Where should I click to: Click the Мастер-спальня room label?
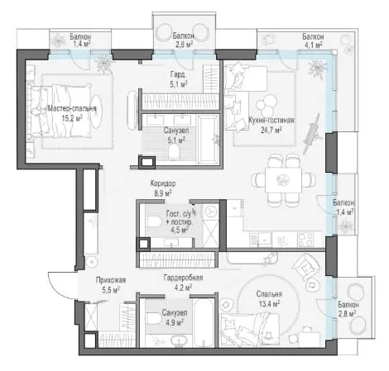(x=72, y=108)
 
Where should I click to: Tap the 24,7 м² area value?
(x=271, y=130)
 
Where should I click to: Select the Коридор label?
(x=163, y=183)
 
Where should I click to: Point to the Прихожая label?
(x=111, y=280)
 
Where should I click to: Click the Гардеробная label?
(x=183, y=278)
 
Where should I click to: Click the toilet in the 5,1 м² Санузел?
(x=174, y=152)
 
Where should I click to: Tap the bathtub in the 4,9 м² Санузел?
(x=203, y=323)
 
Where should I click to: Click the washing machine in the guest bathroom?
(x=211, y=212)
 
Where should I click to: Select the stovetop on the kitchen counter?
(x=305, y=240)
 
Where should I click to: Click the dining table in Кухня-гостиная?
(x=283, y=180)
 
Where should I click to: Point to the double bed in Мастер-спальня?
(x=60, y=112)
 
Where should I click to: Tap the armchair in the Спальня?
(x=305, y=266)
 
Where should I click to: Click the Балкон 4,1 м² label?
(x=313, y=40)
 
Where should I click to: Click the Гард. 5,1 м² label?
(x=179, y=79)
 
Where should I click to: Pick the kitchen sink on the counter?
(x=264, y=240)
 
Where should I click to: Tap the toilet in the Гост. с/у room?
(x=153, y=221)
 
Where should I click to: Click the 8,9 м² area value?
(x=163, y=193)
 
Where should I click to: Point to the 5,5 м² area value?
(x=111, y=290)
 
